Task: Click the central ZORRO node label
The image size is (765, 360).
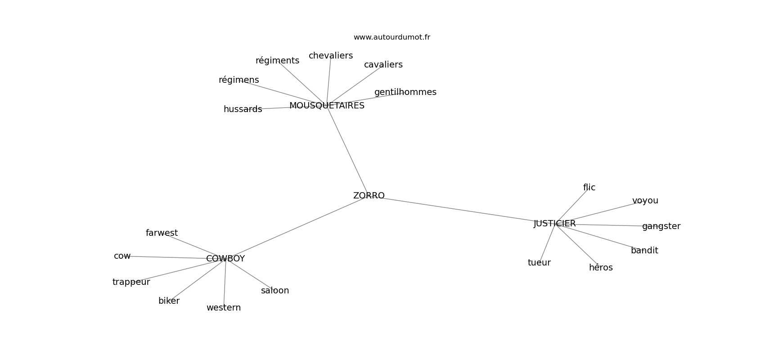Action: point(369,196)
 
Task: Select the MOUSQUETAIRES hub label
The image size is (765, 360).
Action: point(327,106)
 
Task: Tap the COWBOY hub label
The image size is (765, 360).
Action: point(225,259)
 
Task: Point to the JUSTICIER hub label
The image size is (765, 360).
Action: point(554,224)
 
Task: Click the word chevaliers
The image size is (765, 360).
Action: point(331,56)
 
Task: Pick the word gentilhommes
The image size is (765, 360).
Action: point(405,92)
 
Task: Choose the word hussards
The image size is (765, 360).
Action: point(243,109)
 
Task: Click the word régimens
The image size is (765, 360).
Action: point(238,80)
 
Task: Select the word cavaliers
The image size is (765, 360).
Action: point(383,65)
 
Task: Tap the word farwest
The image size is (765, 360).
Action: point(162,233)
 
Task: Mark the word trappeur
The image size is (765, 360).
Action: point(131,282)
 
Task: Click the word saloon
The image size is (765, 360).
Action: point(274,291)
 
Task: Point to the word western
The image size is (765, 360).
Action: point(224,308)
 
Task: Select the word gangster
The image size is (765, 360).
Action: point(661,226)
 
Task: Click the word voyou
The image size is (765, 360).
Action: point(645,201)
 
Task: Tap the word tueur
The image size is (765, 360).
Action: point(539,263)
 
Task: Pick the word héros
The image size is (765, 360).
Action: point(601,268)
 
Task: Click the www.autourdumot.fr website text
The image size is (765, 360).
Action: point(391,37)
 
